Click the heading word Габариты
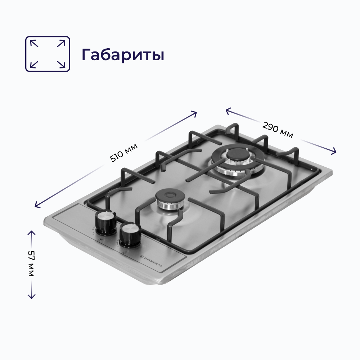123,54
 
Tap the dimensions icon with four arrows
48,54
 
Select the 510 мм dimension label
124,153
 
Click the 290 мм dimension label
278,130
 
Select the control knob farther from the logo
105,220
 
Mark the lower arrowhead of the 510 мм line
36,206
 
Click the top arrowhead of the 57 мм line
31,232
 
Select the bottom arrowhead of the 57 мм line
31,297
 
